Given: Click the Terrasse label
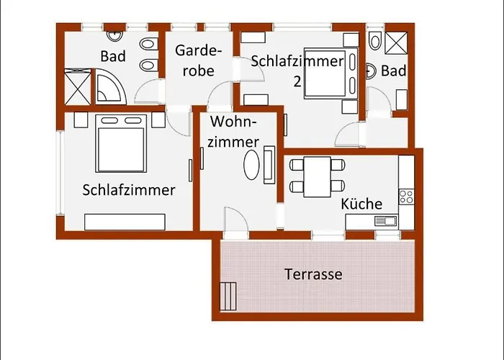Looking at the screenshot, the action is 313,274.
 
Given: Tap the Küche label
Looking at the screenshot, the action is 361,204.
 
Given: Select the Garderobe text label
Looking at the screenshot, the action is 198,60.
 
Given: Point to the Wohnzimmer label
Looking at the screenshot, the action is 233,132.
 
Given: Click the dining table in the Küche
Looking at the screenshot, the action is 318,176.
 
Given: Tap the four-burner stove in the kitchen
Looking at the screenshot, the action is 406,197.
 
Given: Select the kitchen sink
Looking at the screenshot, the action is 385,221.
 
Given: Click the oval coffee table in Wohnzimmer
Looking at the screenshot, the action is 251,165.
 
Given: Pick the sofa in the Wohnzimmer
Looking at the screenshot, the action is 269,165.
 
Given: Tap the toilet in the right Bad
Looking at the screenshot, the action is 375,40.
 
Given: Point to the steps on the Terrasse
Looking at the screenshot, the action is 228,297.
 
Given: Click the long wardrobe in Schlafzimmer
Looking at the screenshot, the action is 125,222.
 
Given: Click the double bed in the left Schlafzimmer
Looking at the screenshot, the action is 121,143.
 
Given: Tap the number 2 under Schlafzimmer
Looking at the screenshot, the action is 297,81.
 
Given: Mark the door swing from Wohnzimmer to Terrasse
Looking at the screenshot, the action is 236,220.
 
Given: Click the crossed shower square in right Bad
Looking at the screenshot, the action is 396,42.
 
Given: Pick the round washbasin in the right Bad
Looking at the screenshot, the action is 372,71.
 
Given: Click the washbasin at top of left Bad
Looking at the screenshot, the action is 114,36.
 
